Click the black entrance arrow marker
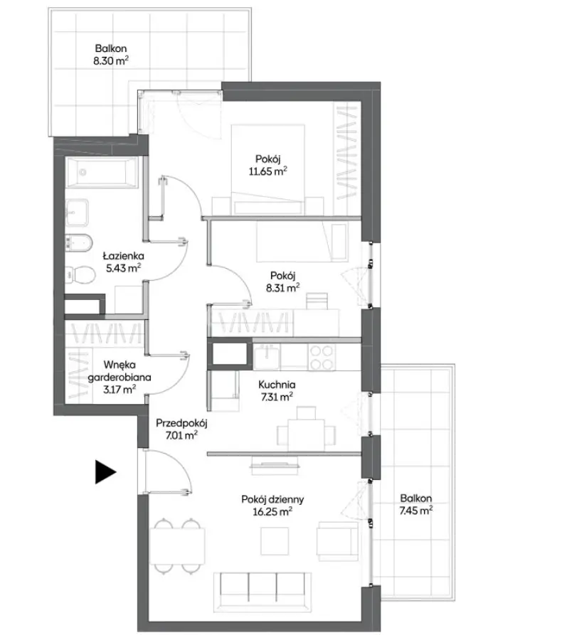pyautogui.click(x=105, y=471)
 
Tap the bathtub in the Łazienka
pyautogui.click(x=102, y=173)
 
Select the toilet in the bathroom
pyautogui.click(x=80, y=275)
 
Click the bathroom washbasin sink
pyautogui.click(x=77, y=213)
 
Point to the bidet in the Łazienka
pyautogui.click(x=78, y=242)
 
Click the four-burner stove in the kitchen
pyautogui.click(x=322, y=357)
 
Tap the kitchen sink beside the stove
pyautogui.click(x=266, y=357)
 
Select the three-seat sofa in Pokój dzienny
pyautogui.click(x=263, y=592)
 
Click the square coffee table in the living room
pyautogui.click(x=275, y=541)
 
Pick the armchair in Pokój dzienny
pyautogui.click(x=337, y=541)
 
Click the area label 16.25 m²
pyautogui.click(x=272, y=512)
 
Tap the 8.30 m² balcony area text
pyautogui.click(x=111, y=60)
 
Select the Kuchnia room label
pyautogui.click(x=277, y=384)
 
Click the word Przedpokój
pyautogui.click(x=181, y=423)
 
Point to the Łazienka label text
pyautogui.click(x=124, y=255)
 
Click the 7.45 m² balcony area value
pyautogui.click(x=415, y=511)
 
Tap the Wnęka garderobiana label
pyautogui.click(x=120, y=371)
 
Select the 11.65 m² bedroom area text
pyautogui.click(x=267, y=171)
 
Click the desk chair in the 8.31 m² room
pyautogui.click(x=317, y=301)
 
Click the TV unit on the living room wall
pyautogui.click(x=275, y=465)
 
